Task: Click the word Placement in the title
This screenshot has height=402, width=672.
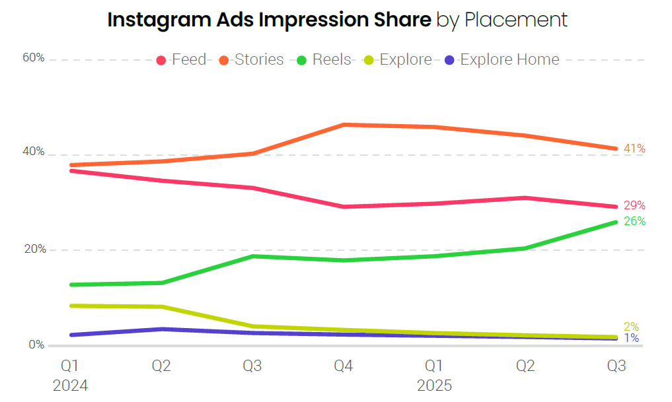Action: (516, 20)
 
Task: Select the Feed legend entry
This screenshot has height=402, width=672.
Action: (182, 60)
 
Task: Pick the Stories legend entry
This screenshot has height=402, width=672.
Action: (252, 60)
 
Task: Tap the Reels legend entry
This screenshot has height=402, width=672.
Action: (324, 60)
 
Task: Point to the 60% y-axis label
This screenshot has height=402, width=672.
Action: (34, 58)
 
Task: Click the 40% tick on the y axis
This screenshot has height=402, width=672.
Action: (34, 152)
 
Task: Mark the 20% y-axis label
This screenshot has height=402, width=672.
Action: (34, 250)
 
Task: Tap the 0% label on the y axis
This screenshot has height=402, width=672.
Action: (36, 345)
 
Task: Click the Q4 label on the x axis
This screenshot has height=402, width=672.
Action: (342, 366)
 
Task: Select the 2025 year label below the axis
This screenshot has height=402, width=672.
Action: (434, 385)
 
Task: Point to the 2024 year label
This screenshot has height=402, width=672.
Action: (71, 385)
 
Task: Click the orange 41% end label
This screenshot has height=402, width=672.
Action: (634, 149)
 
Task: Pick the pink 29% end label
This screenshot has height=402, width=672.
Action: (634, 205)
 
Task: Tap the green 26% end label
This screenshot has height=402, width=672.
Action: (634, 221)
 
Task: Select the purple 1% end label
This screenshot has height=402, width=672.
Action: (632, 339)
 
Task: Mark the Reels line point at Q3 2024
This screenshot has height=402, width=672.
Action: (252, 256)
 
